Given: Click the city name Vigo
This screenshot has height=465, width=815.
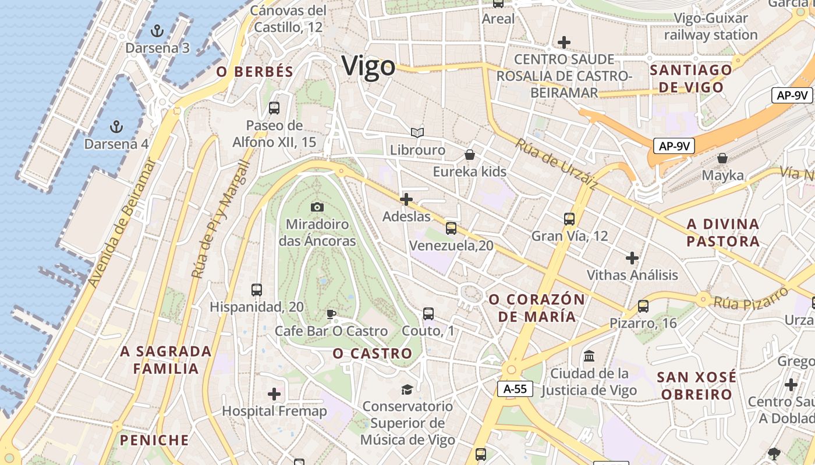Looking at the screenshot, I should click(x=368, y=66).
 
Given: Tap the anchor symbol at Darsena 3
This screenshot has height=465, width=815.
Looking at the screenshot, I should click(x=156, y=30).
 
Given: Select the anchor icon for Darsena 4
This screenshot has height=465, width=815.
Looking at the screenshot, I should click(x=116, y=126).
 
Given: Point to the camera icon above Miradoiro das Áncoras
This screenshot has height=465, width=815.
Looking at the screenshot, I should click(x=317, y=207).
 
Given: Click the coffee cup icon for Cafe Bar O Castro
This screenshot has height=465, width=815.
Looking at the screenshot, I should click(x=331, y=314).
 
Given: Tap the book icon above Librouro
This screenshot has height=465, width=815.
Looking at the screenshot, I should click(x=417, y=133).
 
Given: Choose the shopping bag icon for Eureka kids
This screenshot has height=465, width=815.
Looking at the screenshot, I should click(x=469, y=155).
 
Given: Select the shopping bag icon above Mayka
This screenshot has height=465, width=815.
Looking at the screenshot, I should click(x=722, y=158).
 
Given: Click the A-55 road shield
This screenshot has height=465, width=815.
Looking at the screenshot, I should click(x=515, y=389).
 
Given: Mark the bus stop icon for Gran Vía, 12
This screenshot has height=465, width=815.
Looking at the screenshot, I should click(x=569, y=219).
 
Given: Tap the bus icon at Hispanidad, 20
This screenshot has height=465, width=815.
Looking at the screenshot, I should click(x=256, y=289).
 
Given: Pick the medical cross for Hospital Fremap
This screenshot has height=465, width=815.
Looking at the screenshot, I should click(x=274, y=394).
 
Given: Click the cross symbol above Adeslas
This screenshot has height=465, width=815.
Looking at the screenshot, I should click(x=406, y=199).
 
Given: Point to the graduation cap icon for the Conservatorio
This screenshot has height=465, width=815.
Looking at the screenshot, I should click(x=407, y=389).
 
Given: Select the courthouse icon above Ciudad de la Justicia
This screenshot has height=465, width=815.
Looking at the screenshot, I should click(x=589, y=356).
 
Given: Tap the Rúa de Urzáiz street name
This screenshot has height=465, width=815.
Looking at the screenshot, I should click(x=556, y=164).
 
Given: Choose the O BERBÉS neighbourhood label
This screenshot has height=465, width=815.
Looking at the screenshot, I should click(x=254, y=72).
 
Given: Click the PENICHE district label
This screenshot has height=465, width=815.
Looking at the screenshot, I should click(x=154, y=440).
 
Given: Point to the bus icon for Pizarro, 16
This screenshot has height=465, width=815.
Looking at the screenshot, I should click(x=643, y=306).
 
